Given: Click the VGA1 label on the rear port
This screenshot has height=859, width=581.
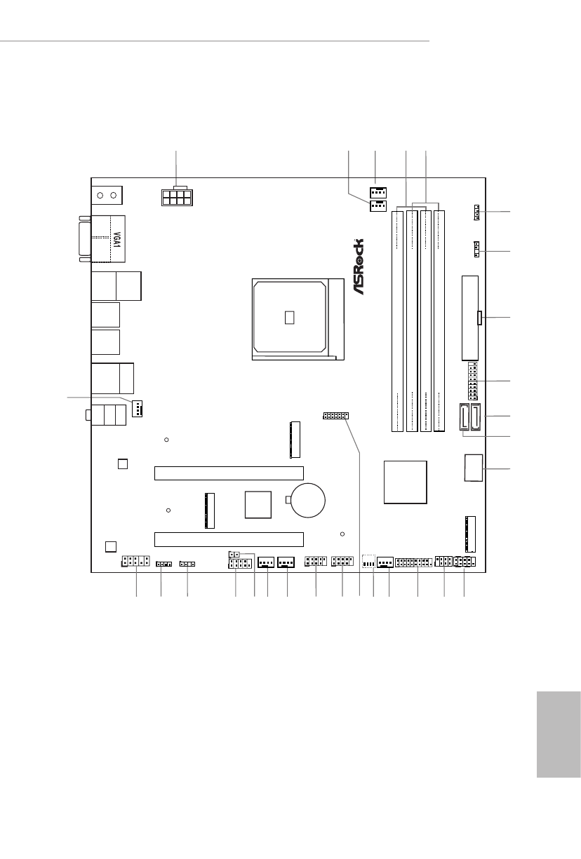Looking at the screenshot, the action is coord(117,239).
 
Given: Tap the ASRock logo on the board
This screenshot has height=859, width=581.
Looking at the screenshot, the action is coord(358,266).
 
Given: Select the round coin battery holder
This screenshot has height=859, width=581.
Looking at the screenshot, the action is coord(308,500).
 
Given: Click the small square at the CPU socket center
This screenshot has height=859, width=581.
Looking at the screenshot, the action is coord(289,317).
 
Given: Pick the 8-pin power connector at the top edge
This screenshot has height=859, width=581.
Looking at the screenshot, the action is coord(177,197).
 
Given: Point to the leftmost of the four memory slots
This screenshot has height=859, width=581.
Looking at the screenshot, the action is coord(397,321).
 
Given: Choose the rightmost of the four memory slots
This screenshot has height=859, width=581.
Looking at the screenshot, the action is coord(439,321).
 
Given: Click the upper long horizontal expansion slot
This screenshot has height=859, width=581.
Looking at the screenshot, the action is coord(229,473).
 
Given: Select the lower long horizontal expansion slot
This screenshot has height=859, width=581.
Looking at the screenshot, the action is coord(229,539).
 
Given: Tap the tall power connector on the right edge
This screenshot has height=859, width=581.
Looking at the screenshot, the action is coord(470,318).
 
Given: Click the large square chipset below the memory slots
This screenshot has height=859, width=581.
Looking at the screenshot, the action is coord(406,482).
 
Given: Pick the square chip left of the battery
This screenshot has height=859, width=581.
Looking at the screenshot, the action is coord(258,505).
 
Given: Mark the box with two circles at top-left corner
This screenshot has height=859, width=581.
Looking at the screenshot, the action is coord(107,195).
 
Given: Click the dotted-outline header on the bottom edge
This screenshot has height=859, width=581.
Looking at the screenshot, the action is coord(368,561).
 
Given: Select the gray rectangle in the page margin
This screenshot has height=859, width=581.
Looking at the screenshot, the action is coord(559,734).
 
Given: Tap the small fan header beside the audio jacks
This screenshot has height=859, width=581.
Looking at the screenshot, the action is coord(137,409).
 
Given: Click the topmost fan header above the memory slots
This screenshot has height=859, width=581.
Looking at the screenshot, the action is coord(378,192).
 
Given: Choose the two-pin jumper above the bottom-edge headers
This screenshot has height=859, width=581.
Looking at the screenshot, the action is coord(234,555).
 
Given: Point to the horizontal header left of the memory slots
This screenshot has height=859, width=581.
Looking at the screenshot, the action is coord(335,416).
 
